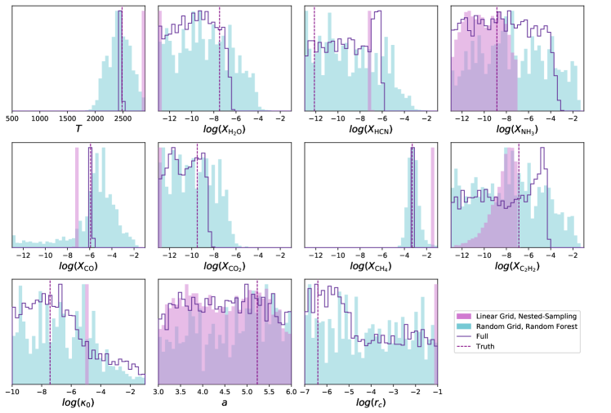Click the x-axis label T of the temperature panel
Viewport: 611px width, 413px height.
78,129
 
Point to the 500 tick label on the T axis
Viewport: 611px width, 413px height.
12,118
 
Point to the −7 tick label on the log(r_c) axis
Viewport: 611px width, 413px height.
304,393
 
